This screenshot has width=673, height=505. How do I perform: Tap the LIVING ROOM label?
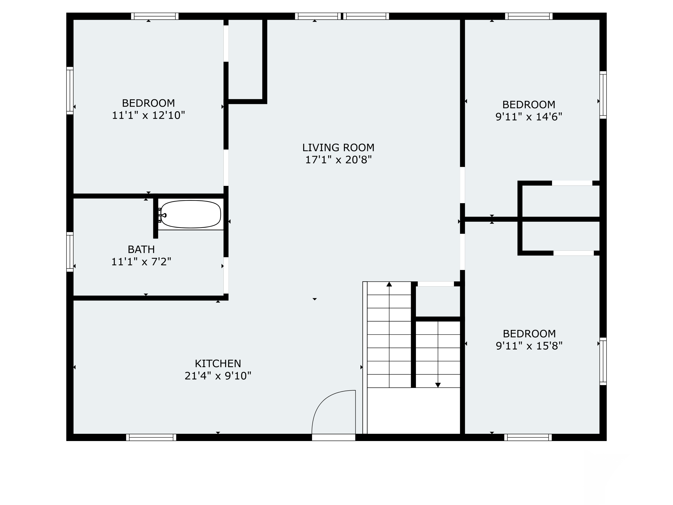pos(338,148)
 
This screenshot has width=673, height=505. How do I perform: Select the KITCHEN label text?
pos(218,363)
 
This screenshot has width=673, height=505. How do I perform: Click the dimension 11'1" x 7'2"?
pos(141,262)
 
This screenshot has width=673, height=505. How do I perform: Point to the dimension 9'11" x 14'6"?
pos(529,117)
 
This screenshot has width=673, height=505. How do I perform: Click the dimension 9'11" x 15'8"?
pos(529,346)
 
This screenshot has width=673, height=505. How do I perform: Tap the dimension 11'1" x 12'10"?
pos(149,115)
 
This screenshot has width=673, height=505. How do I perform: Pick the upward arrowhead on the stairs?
pos(389,284)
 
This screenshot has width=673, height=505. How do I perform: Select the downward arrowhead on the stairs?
pos(438,385)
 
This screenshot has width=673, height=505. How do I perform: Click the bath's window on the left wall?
pos(70,252)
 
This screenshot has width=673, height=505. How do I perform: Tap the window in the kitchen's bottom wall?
pos(151,437)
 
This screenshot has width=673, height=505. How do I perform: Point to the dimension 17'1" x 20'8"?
pos(338,160)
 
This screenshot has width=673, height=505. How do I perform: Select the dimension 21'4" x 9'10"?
pos(218,376)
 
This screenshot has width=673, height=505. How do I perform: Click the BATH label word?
pos(141,249)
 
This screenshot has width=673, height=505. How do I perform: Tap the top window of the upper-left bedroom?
pos(155,16)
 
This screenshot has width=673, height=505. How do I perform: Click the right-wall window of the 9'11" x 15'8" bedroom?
pos(603,361)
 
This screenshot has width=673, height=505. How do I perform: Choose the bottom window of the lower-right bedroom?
pos(528,437)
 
